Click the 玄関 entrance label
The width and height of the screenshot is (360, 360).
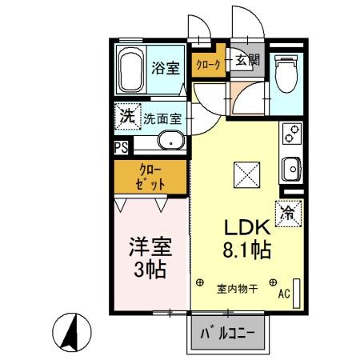coord(246,60)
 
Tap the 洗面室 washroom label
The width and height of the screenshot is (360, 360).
coord(162,118)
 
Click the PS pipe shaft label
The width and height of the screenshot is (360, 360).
coord(120,146)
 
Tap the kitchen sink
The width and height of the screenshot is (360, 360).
coord(292,170)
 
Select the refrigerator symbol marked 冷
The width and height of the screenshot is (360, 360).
coord(288,212)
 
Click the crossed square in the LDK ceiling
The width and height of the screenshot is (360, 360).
coord(245,174)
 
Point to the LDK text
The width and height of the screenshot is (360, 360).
coord(237,226)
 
